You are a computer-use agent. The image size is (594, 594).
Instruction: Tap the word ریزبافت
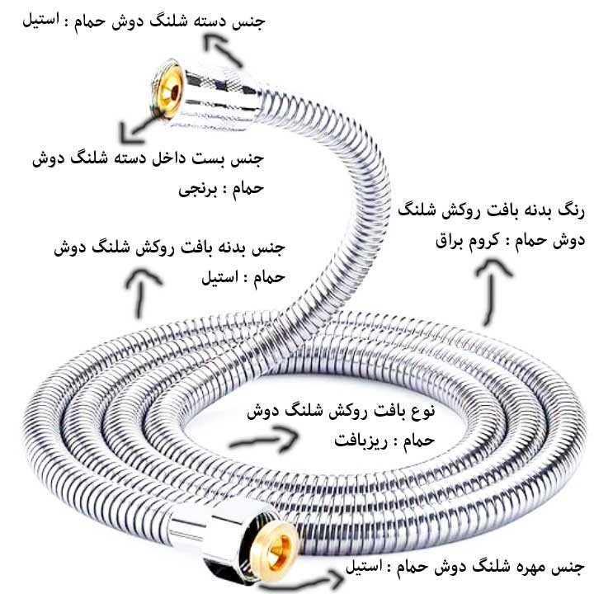(361, 441)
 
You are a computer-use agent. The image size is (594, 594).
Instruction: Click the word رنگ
(572, 210)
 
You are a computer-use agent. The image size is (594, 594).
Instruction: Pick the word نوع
(422, 410)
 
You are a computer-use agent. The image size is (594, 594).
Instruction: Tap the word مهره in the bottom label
(534, 567)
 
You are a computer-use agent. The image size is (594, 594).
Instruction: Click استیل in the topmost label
(40, 20)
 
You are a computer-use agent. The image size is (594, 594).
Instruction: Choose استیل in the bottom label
(364, 567)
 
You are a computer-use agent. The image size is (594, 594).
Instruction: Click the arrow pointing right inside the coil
(264, 440)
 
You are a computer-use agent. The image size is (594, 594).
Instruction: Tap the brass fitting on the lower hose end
(276, 548)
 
